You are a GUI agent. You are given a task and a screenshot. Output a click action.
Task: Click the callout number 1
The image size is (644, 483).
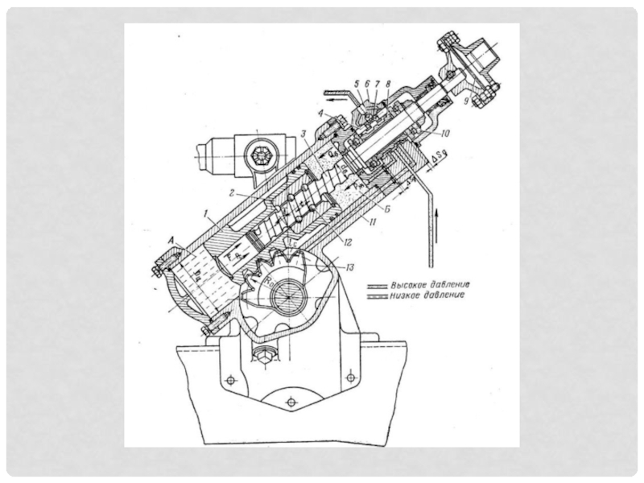pyautogui.click(x=208, y=217)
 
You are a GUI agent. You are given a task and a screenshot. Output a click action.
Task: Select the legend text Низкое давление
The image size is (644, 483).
pyautogui.click(x=427, y=295)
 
